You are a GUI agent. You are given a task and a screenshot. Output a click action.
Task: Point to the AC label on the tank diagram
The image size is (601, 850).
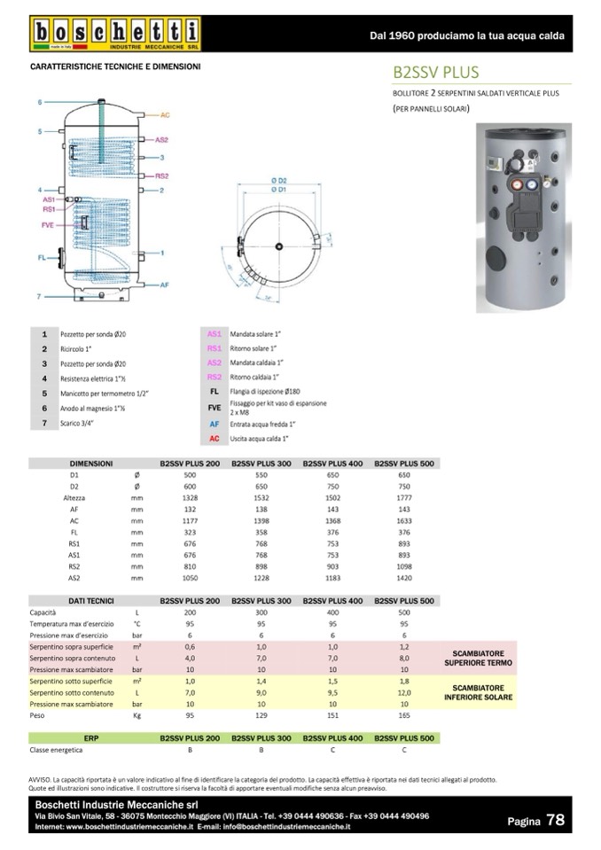(166, 115)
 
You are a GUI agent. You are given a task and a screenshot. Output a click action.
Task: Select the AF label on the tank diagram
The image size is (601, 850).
(165, 285)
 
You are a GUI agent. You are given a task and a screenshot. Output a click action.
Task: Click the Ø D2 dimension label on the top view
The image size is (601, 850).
(277, 181)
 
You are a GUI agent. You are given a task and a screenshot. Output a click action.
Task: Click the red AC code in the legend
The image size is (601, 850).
(214, 439)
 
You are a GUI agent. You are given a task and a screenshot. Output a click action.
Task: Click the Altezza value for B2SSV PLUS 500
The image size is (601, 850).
(403, 498)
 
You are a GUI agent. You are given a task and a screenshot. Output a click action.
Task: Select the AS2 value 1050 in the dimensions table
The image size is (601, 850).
(189, 576)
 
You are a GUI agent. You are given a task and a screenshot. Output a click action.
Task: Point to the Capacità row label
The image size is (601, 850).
(43, 612)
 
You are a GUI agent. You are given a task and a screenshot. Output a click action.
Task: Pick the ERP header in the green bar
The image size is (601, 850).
(90, 737)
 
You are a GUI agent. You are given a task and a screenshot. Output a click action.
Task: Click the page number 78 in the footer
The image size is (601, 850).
(555, 820)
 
